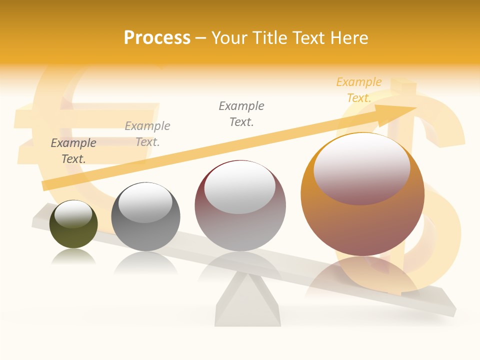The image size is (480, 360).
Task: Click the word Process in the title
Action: click(157, 38)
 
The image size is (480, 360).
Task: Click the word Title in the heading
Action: click(269, 38)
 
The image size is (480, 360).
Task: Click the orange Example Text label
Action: click(359, 90)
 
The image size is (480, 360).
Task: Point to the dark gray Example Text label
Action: click(73, 151)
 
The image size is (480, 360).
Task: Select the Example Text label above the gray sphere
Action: click(147, 134)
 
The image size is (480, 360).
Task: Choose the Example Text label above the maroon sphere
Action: click(241, 114)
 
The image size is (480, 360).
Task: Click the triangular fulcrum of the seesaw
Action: click(248, 300)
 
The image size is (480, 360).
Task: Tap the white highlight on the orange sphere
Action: click(361, 167)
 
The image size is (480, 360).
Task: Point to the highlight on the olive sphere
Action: click(73, 214)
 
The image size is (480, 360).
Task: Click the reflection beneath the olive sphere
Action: click(73, 257)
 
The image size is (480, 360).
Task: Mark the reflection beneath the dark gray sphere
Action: click(145, 262)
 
